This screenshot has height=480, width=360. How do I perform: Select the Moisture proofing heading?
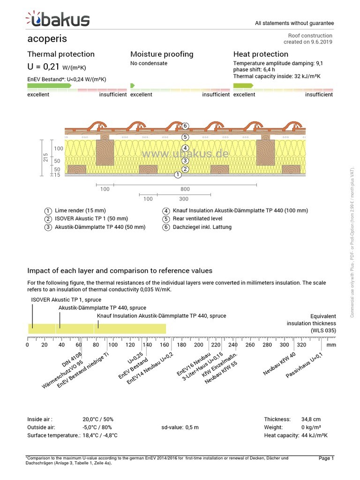162,54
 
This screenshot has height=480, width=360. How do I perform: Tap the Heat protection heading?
261,54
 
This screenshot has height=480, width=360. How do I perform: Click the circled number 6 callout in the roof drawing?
185,126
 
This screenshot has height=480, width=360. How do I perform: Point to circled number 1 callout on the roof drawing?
178,175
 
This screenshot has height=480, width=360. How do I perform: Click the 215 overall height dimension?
45,157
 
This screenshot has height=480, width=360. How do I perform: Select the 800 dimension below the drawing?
185,189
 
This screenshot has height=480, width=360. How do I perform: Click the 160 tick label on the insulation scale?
165,345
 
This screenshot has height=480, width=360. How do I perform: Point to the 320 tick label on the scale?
301,345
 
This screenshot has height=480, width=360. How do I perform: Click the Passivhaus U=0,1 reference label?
305,365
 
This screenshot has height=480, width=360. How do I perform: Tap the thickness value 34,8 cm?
311,419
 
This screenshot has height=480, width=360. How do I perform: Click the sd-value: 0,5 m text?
180,427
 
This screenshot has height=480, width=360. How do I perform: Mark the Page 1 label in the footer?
326,458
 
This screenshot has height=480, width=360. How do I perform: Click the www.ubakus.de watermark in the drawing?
185,154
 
